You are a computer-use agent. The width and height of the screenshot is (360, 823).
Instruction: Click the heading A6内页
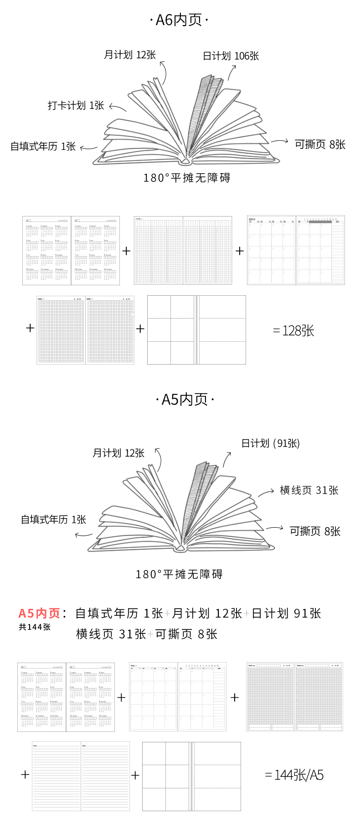coord(179,20)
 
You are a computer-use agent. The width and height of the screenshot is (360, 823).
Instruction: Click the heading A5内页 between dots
coord(185,400)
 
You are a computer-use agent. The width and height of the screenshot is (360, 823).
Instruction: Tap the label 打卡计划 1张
coord(76,106)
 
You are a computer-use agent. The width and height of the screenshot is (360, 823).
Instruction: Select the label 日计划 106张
coord(231,56)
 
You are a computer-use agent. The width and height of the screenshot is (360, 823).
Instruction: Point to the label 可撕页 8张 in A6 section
coord(320,144)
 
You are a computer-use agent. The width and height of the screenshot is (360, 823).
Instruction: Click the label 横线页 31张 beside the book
coord(309,490)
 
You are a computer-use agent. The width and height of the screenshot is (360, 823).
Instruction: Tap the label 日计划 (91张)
coord(270,443)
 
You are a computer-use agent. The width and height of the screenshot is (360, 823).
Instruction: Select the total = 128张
coord(294,331)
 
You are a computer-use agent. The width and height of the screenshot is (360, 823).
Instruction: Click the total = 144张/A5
coord(294,775)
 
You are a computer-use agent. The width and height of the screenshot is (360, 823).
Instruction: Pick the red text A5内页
coord(40,613)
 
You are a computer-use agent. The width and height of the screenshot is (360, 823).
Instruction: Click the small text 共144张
coord(35,627)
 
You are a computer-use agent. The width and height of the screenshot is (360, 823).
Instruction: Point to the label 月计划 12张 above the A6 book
coord(130,55)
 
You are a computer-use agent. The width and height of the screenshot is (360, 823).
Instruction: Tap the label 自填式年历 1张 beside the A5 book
coord(53,520)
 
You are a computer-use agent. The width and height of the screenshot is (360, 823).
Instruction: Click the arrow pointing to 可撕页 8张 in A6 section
coord(279,141)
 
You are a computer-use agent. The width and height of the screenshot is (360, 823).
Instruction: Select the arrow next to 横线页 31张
coord(266,493)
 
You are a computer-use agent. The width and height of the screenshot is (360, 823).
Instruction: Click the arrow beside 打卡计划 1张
coord(118,108)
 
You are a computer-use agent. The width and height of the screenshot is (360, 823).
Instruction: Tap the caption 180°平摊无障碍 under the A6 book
coord(187,178)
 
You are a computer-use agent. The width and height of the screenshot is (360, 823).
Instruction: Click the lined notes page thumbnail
coord(81,776)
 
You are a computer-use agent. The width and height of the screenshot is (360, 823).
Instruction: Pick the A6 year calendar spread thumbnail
coord(71,251)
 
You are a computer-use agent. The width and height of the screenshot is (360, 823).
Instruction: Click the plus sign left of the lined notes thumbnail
coord(25,774)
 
